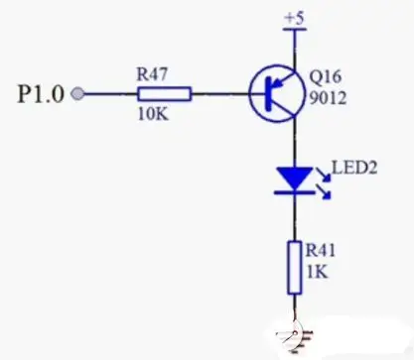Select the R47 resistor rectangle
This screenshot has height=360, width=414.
click(164, 94)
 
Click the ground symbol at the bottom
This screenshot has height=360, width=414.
click(292, 332)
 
